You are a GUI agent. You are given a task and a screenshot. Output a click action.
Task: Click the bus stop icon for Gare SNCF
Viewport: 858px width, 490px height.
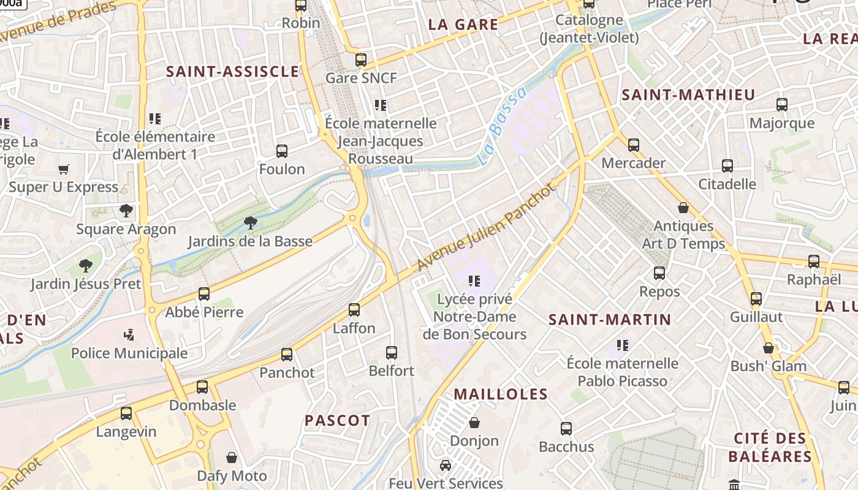(361, 60)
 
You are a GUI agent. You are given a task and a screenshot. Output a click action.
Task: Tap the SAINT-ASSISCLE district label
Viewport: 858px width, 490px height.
(233, 72)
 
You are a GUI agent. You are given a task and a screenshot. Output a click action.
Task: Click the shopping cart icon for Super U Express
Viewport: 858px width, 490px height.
(63, 169)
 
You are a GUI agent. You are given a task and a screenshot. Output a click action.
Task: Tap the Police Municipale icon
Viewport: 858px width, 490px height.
(129, 335)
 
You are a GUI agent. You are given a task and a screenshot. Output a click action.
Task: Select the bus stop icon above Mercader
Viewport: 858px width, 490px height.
(634, 145)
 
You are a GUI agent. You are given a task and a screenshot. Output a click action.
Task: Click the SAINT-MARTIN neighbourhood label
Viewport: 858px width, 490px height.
(610, 319)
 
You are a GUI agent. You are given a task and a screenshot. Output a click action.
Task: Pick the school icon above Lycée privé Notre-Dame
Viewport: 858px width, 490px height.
(474, 281)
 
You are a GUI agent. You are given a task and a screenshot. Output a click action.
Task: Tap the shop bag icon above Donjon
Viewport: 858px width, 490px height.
(474, 423)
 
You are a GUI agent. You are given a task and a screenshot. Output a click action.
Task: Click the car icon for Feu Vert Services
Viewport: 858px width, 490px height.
(446, 466)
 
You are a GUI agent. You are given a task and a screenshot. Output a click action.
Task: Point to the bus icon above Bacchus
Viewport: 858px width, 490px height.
(566, 429)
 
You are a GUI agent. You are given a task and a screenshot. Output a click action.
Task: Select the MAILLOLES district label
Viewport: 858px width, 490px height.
(501, 394)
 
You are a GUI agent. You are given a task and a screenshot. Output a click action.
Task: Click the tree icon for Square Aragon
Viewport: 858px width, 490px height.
(126, 211)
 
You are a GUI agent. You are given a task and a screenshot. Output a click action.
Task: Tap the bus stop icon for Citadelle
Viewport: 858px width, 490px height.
(727, 166)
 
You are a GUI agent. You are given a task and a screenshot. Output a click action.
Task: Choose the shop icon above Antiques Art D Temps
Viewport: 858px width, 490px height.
(683, 208)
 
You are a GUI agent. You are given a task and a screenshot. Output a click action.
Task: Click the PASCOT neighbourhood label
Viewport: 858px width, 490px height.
(338, 421)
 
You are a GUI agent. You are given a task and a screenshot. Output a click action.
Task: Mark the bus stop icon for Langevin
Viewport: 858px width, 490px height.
(126, 413)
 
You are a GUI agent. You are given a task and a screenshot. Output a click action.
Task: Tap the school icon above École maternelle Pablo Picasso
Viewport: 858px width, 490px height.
(623, 345)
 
